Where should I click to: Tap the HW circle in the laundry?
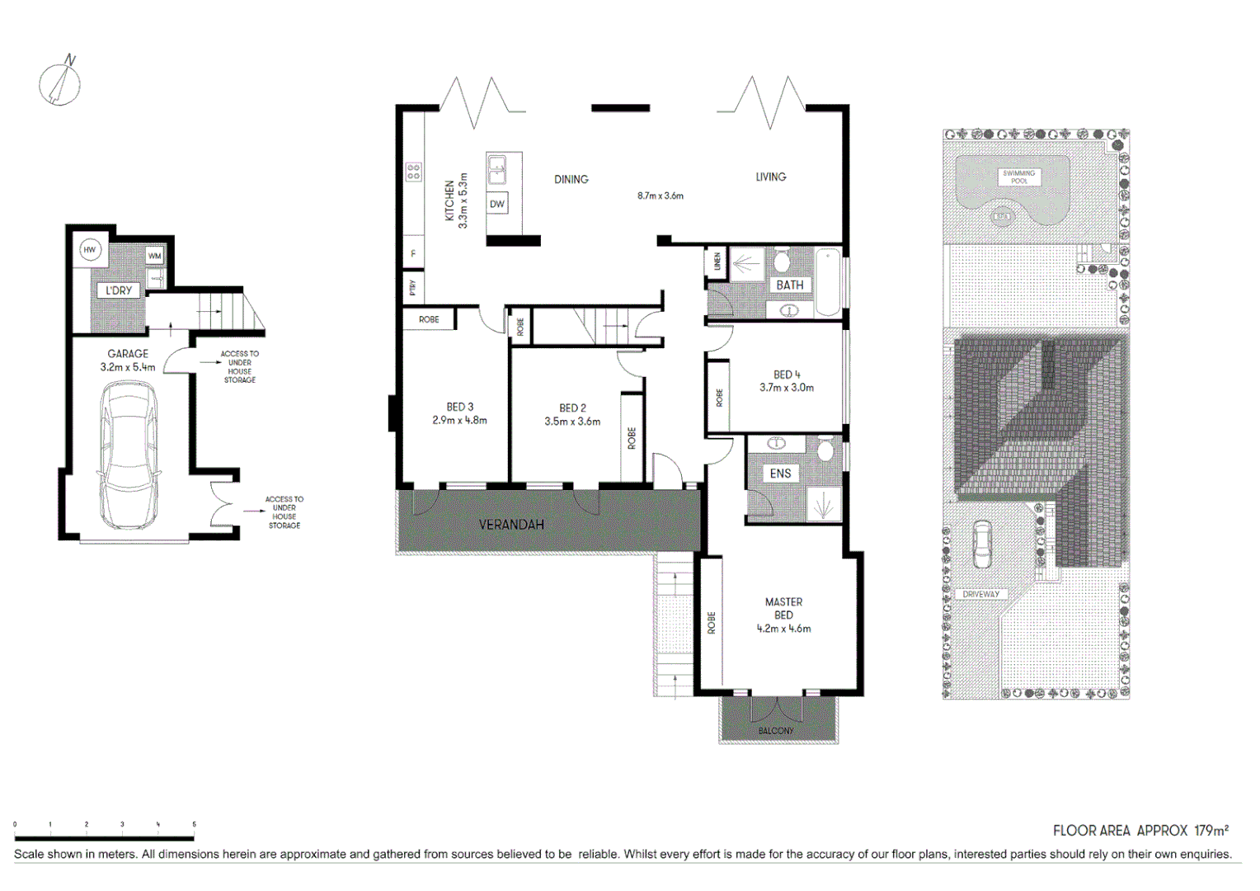click(x=90, y=250)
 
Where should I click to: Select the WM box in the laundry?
click(x=154, y=256)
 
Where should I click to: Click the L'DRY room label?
click(x=119, y=290)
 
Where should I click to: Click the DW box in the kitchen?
click(x=497, y=204)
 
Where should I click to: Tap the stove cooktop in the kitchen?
click(x=413, y=172)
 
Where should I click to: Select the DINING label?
click(x=571, y=179)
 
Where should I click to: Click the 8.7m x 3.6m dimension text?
click(x=660, y=196)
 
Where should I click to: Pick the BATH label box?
click(x=789, y=285)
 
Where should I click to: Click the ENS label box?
click(x=780, y=474)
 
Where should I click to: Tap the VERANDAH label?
click(x=511, y=525)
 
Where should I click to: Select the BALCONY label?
click(x=776, y=731)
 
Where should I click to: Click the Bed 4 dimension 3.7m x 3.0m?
click(x=786, y=388)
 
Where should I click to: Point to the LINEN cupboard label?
click(x=717, y=262)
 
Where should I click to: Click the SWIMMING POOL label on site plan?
click(x=1019, y=177)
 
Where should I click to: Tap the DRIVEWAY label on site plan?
click(x=980, y=594)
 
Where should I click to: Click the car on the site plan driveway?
click(x=982, y=544)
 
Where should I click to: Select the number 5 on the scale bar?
click(x=195, y=824)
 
